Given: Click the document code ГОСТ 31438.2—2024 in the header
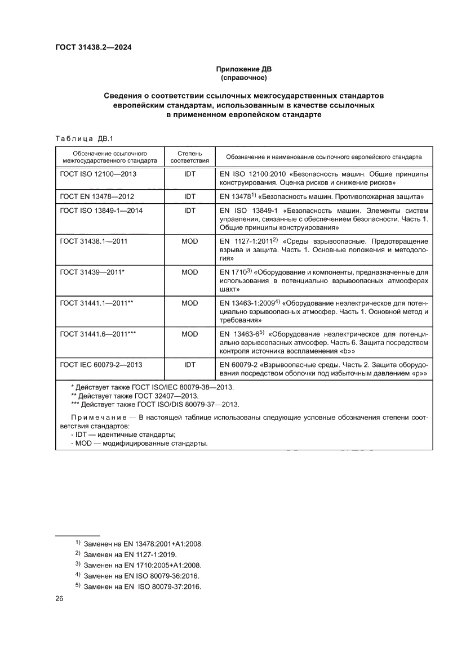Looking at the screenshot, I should point(93,48).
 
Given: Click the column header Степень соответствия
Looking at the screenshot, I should point(189,156).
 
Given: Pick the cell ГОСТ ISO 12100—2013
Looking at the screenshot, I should point(98,174).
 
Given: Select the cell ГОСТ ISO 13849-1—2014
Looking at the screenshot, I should point(101,210).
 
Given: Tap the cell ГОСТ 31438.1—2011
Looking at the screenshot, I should point(94,241).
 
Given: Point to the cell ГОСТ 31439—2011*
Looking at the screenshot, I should point(92,272).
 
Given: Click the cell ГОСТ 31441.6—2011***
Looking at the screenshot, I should point(97,334).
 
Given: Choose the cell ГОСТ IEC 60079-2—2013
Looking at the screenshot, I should point(101,365).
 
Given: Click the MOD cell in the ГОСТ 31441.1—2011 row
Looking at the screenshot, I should point(189,303).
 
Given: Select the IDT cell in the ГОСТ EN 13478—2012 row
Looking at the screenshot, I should point(189,196).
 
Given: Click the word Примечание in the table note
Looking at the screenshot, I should point(97,417).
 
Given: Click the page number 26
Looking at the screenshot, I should point(59,598).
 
